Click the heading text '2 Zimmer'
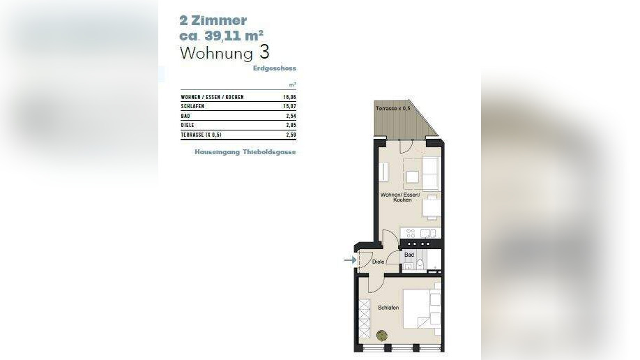pos(213,21)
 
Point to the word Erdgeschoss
pos(275,68)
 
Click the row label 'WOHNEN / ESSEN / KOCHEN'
pos(212,97)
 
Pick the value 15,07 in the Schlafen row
pos(291,106)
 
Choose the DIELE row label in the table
pos(188,125)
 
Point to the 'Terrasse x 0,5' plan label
pos(393,110)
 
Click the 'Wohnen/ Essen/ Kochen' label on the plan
pos(396,197)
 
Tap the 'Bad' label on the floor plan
pos(409,255)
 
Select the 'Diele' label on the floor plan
pos(379,262)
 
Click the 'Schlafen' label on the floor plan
pos(388,307)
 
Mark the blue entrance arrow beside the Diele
pos(349,261)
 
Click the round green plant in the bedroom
pos(381,335)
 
